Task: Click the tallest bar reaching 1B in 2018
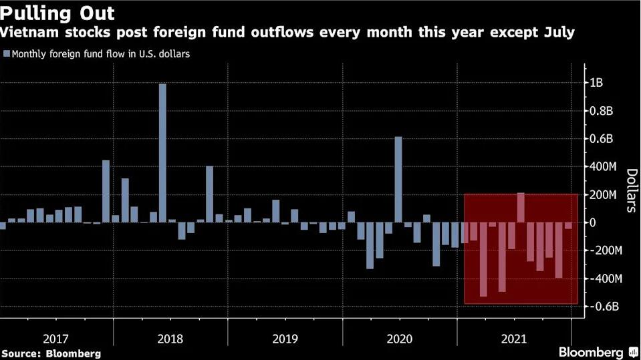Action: click(x=162, y=153)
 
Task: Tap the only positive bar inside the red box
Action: click(x=521, y=207)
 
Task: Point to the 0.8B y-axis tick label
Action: click(x=600, y=111)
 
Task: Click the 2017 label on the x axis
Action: click(x=57, y=338)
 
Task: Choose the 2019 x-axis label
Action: click(x=285, y=338)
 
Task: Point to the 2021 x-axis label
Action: click(x=514, y=338)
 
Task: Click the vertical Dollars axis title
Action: click(x=630, y=190)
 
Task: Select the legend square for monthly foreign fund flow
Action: click(x=6, y=53)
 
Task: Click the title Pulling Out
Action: click(x=57, y=13)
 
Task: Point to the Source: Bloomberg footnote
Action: click(x=51, y=353)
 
